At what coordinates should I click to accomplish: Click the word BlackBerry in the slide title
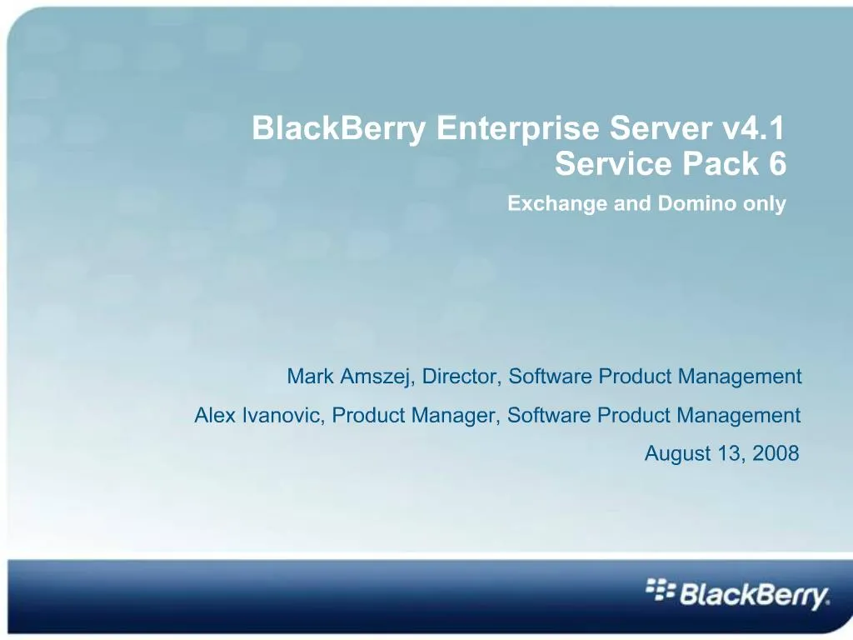pos(339,129)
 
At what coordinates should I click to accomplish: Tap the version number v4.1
pos(753,129)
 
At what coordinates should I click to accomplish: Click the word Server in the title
pos(661,129)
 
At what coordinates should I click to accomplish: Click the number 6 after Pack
pos(777,165)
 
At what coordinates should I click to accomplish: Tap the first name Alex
pos(215,415)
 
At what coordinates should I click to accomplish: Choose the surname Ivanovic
pos(282,415)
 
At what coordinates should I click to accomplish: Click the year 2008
pos(776,454)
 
